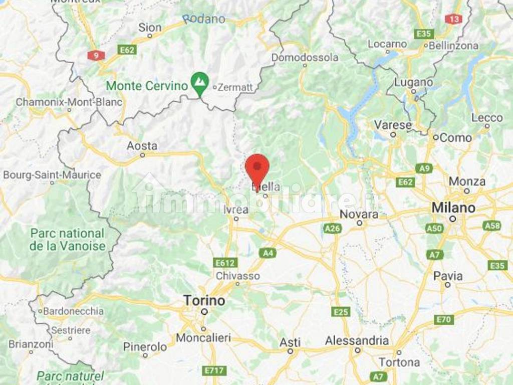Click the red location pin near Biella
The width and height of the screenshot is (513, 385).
click(258, 169)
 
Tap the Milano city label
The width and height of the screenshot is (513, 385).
click(453, 207)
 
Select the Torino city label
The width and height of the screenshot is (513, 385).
click(204, 301)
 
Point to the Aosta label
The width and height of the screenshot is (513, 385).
click(142, 146)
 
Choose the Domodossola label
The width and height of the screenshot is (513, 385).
click(305, 58)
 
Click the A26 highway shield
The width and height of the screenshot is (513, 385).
click(332, 229)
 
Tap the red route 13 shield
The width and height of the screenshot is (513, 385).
click(453, 19)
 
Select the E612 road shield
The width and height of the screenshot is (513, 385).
click(224, 263)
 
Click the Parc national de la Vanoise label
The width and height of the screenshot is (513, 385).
click(67, 240)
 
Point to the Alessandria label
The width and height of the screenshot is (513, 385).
click(357, 341)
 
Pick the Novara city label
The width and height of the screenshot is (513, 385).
click(359, 214)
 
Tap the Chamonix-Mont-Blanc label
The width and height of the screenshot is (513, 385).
click(69, 102)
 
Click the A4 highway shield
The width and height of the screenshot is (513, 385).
click(268, 253)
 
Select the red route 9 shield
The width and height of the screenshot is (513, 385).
click(95, 55)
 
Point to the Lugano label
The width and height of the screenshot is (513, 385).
click(413, 82)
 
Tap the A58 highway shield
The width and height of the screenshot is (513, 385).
click(492, 226)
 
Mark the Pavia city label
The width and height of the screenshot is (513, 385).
click(448, 276)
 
